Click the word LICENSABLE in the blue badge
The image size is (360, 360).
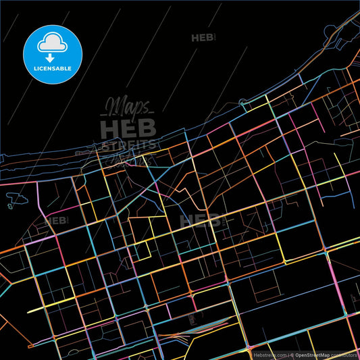click(x=53, y=69)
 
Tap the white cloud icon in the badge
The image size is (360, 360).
click(x=53, y=42)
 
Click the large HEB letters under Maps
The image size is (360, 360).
click(x=128, y=128)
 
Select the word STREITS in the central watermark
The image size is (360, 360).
click(x=128, y=145)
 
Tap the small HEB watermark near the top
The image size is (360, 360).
click(x=203, y=38)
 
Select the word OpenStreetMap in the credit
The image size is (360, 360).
click(x=312, y=355)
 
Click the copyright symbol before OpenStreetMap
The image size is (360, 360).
click(x=292, y=355)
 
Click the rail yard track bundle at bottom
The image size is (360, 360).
click(x=182, y=334)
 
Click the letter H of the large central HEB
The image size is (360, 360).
click(x=110, y=128)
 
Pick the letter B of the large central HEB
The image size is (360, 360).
click(x=147, y=128)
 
